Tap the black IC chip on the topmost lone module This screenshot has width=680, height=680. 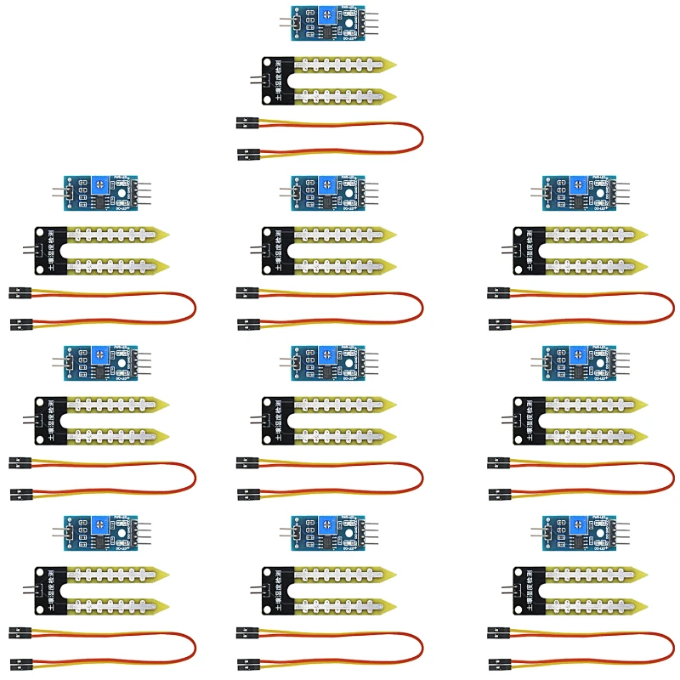coord(326,31)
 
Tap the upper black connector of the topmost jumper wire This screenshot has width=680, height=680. coord(247,124)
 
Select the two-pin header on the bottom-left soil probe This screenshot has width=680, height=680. coord(28,589)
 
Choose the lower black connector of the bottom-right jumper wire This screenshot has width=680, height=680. coord(499,661)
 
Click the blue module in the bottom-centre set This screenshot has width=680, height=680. coord(327,532)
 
